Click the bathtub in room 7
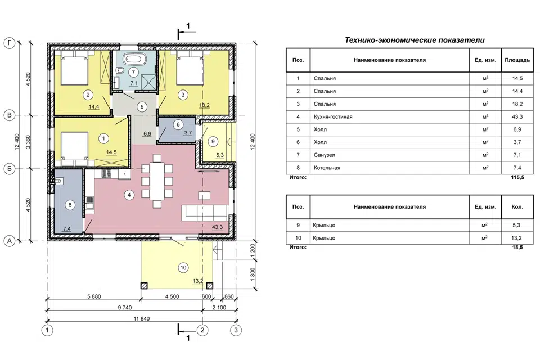click(x=133, y=58)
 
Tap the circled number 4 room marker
click(x=129, y=195)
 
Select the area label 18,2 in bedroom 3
click(x=205, y=105)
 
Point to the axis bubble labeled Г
click(x=10, y=43)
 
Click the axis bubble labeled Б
click(x=10, y=169)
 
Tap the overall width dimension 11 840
click(x=142, y=319)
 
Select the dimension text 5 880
click(x=94, y=296)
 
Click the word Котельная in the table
click(x=327, y=168)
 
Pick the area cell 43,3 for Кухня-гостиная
click(x=517, y=117)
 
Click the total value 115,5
click(x=517, y=177)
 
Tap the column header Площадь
click(x=517, y=60)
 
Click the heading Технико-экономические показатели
click(x=415, y=40)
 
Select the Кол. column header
click(x=517, y=206)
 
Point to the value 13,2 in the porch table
click(x=516, y=238)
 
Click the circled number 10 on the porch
click(x=183, y=267)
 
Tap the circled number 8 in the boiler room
click(x=70, y=205)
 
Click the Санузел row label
click(x=325, y=155)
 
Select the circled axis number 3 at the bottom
click(x=236, y=330)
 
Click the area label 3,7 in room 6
click(x=188, y=133)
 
